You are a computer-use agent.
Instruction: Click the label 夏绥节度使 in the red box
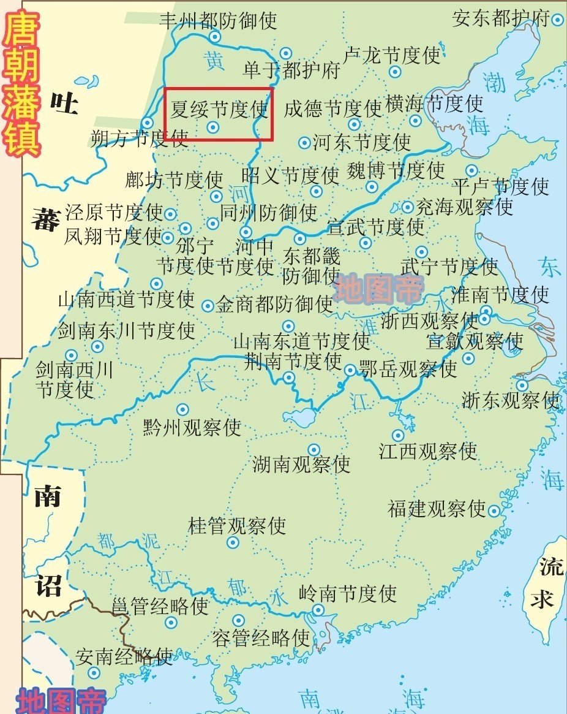point(219,109)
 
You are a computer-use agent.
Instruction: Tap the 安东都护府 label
point(501,18)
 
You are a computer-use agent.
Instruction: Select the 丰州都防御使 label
point(218,20)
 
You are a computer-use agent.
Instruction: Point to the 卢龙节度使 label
point(392,55)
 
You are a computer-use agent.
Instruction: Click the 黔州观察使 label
point(192,427)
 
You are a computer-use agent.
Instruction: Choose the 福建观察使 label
point(437,508)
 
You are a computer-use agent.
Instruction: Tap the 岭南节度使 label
point(348,593)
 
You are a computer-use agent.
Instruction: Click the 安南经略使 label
point(124,657)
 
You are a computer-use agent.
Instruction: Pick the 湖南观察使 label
point(301,464)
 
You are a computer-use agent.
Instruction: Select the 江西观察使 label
point(428,452)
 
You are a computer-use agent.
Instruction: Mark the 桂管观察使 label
point(237,525)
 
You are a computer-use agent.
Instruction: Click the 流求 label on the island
point(543,583)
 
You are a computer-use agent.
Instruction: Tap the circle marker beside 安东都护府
point(557,20)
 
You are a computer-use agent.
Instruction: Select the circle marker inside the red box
point(212,127)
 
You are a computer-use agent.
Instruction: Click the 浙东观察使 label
point(511,400)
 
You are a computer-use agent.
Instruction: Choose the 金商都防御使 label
point(274,304)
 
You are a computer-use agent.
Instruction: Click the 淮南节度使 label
point(500,294)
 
